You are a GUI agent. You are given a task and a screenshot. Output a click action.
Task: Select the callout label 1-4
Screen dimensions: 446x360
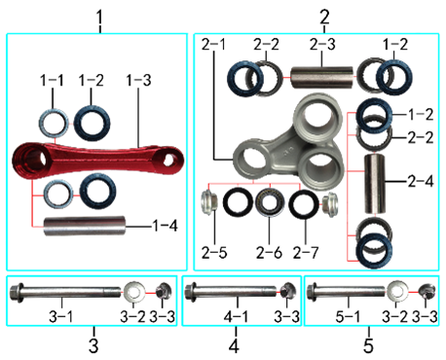[x=166, y=226]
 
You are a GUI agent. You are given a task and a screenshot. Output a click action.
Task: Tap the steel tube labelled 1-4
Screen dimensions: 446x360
[x=85, y=226]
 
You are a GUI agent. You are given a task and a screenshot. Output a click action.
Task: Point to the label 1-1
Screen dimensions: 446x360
[x=52, y=81]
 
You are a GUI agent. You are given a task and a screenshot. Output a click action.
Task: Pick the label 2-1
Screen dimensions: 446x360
[x=213, y=45]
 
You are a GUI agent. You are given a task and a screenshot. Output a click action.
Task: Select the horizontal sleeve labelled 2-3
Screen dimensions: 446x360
[x=321, y=78]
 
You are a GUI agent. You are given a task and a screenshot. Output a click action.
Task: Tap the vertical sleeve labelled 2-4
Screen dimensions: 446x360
[x=375, y=184]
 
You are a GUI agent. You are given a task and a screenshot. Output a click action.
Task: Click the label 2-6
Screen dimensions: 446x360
[x=269, y=253]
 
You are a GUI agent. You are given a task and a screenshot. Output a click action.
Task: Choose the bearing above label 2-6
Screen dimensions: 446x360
[x=269, y=203]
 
